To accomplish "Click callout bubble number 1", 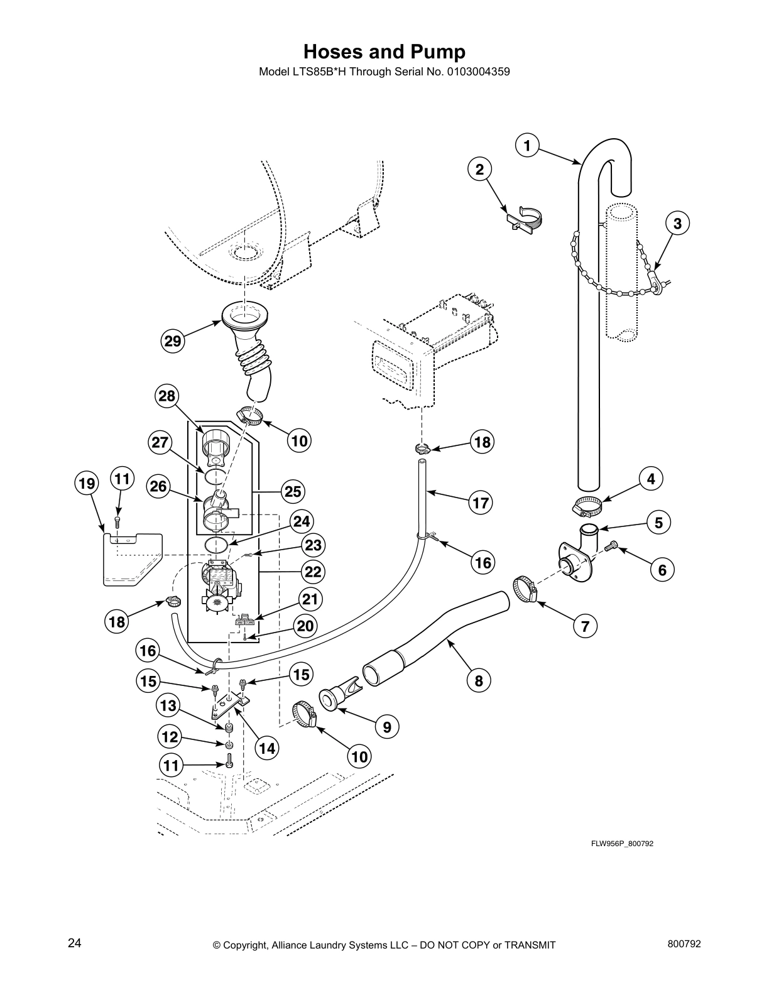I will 527,146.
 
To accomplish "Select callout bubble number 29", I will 173,341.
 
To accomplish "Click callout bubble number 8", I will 479,680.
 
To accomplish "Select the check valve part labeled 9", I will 339,699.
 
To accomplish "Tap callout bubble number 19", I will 87,484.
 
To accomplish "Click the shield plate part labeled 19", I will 132,559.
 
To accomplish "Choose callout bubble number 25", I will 293,491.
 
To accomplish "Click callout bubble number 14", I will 266,748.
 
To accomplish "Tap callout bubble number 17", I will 481,503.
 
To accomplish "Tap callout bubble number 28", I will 167,396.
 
